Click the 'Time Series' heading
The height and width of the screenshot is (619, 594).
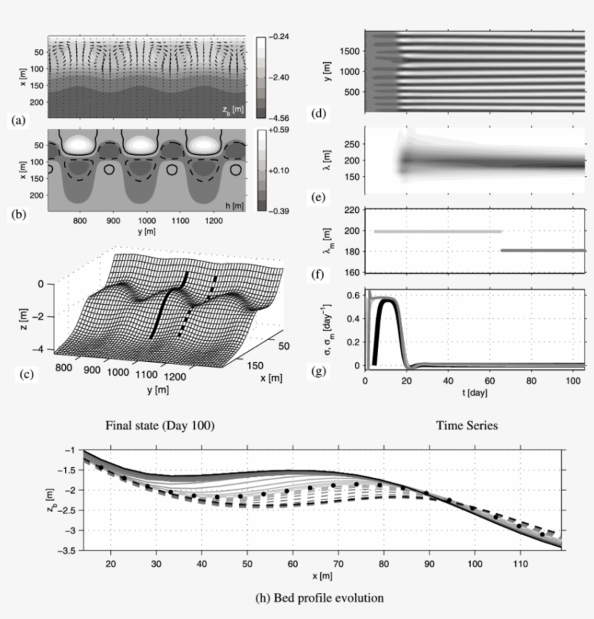coord(467,426)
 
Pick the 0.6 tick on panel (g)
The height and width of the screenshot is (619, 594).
coord(354,295)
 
